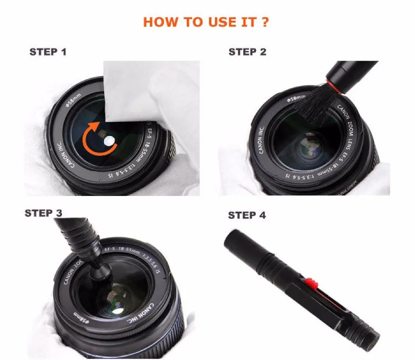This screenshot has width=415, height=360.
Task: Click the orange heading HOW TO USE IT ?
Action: pyautogui.click(x=205, y=22)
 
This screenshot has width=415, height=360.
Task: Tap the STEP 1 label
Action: pyautogui.click(x=48, y=52)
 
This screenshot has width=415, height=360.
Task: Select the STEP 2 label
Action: pyautogui.click(x=247, y=52)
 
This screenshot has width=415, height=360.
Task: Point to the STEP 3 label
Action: pyautogui.click(x=44, y=213)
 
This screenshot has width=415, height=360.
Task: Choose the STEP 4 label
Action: pyautogui.click(x=247, y=215)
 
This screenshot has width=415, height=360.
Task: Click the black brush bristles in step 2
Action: pyautogui.click(x=313, y=104)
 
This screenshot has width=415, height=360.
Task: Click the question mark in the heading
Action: pyautogui.click(x=264, y=22)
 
